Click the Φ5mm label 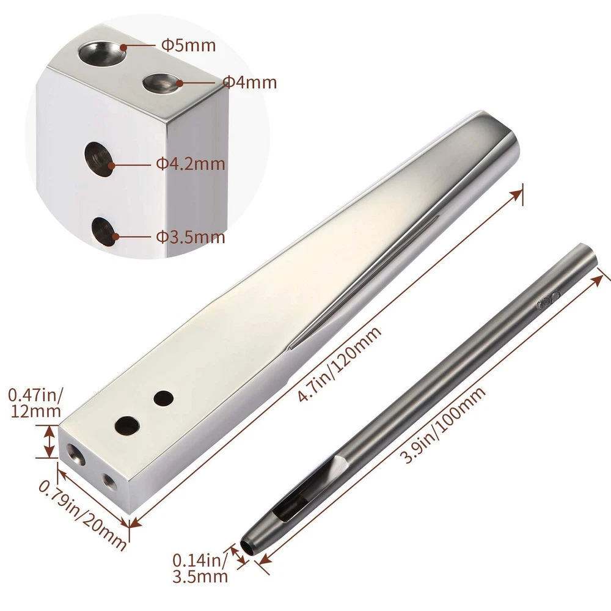coord(188,46)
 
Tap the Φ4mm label coord(250,82)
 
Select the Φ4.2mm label coord(191,164)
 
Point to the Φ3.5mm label coord(191,237)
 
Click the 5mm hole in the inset coord(103,51)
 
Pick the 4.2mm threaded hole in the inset coord(98,159)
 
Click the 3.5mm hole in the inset coord(104,232)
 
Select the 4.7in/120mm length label coord(339,363)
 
